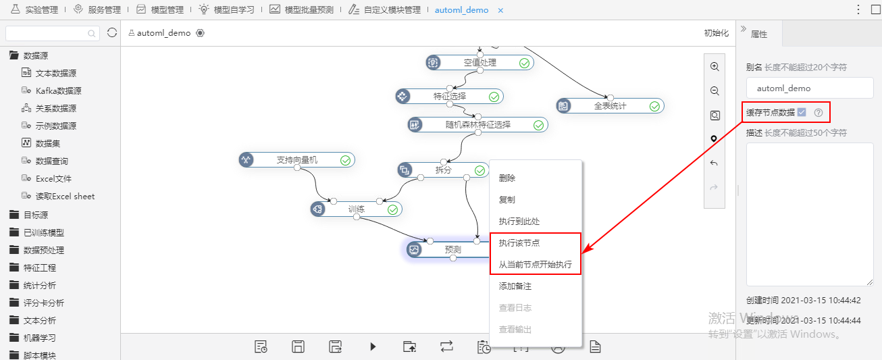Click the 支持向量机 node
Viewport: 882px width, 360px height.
pyautogui.click(x=297, y=160)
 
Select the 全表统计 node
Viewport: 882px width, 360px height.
pyautogui.click(x=610, y=106)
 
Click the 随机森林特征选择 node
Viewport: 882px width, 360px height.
pyautogui.click(x=477, y=125)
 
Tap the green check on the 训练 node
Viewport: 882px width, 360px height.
pyautogui.click(x=392, y=209)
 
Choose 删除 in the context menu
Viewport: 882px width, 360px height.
pyautogui.click(x=507, y=178)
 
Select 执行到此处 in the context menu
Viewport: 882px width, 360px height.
pyautogui.click(x=519, y=222)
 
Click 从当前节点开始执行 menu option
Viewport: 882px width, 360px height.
pyautogui.click(x=535, y=264)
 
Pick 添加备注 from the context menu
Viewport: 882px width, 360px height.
pyautogui.click(x=515, y=286)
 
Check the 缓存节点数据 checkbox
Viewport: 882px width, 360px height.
pyautogui.click(x=802, y=112)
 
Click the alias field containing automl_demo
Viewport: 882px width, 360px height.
pyautogui.click(x=810, y=88)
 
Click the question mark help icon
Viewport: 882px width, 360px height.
pyautogui.click(x=819, y=113)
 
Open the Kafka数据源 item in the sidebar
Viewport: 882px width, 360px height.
pyautogui.click(x=58, y=91)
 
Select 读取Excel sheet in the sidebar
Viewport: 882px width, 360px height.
pyautogui.click(x=65, y=196)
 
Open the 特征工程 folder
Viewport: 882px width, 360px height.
pyautogui.click(x=39, y=268)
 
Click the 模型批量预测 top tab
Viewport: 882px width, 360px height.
pyautogui.click(x=309, y=10)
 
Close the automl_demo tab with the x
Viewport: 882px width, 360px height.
pyautogui.click(x=500, y=11)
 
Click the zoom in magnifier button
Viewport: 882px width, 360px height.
pyautogui.click(x=715, y=67)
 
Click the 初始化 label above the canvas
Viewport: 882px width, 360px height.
pyautogui.click(x=717, y=33)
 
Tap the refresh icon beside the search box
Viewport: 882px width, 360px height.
pyautogui.click(x=112, y=32)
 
